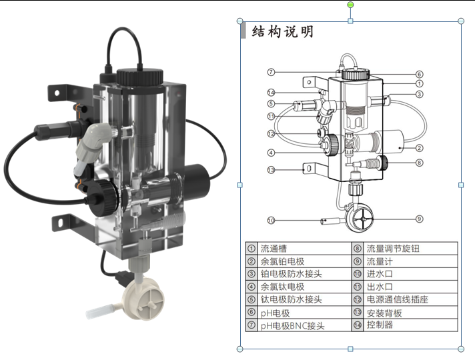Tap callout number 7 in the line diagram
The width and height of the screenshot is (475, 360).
[x=271, y=72]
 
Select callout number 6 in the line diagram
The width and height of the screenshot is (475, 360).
[x=420, y=74]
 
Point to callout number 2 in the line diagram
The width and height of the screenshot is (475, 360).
[x=420, y=147]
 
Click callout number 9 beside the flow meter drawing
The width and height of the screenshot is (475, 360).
[x=420, y=219]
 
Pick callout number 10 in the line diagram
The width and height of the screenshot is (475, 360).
[x=271, y=220]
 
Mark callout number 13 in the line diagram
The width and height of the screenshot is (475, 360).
[x=271, y=169]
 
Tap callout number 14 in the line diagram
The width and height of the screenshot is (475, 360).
[x=271, y=92]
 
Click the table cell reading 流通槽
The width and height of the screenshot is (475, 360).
[x=274, y=248]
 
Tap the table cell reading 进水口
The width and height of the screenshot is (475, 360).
[x=378, y=274]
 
